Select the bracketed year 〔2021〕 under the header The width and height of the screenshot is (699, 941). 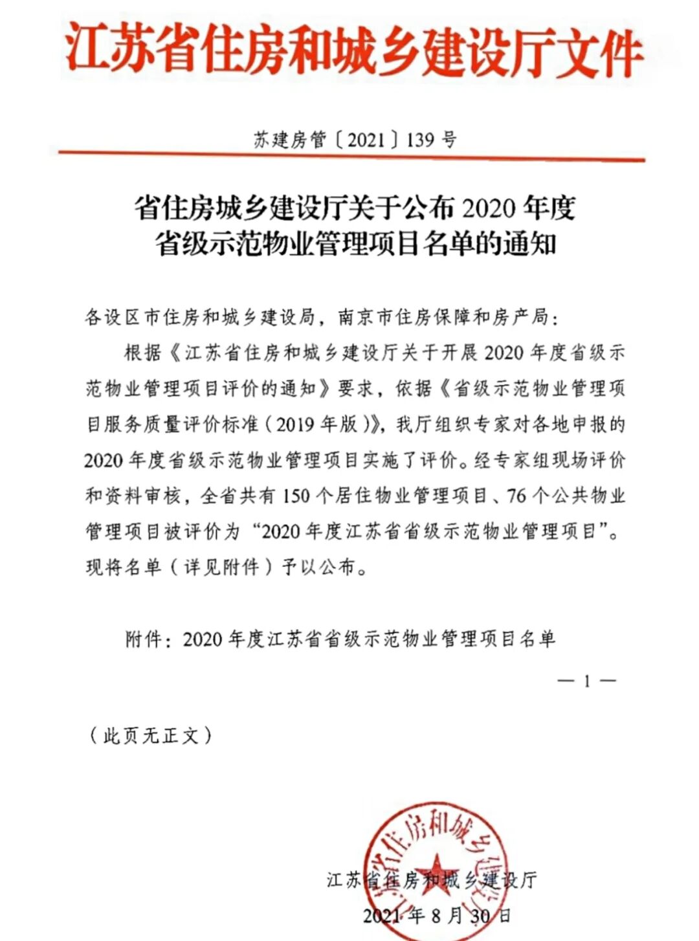click(366, 139)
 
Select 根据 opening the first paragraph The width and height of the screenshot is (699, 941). click(142, 353)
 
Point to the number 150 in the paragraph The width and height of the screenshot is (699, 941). click(296, 496)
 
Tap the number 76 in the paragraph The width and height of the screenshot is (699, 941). click(517, 496)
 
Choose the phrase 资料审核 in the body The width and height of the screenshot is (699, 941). click(142, 496)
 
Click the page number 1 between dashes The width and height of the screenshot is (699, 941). click(586, 681)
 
